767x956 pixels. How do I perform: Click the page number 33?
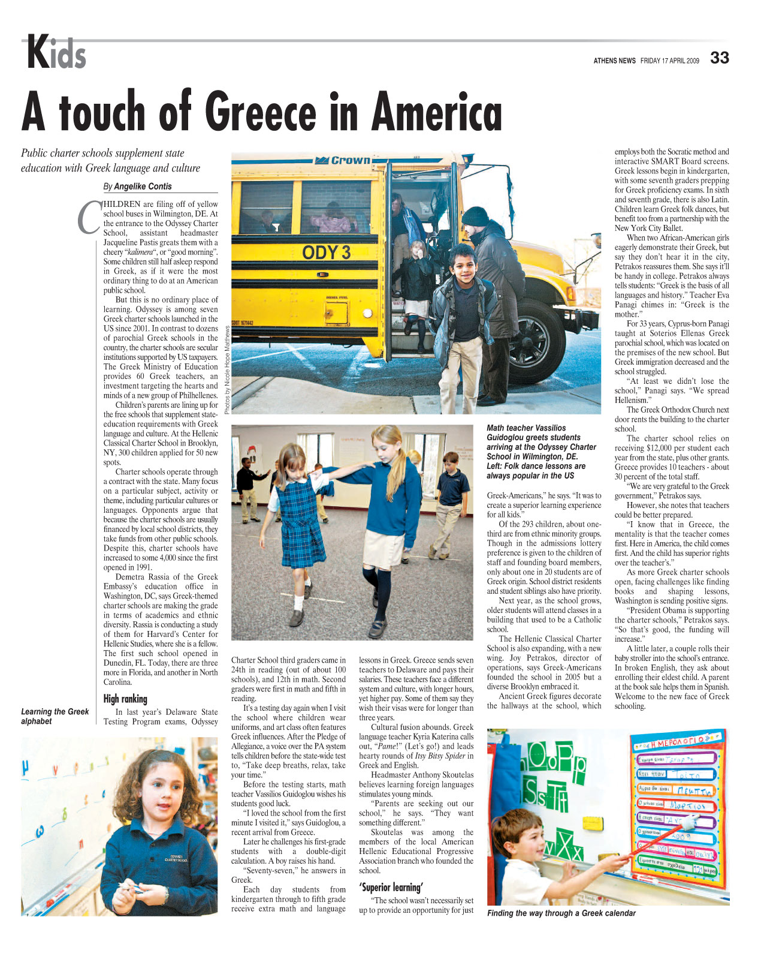(x=720, y=58)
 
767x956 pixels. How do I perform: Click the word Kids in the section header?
(x=56, y=53)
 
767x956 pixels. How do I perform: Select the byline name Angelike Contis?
(x=143, y=187)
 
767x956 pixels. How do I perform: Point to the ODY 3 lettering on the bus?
(x=326, y=252)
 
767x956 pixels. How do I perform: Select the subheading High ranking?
(x=125, y=699)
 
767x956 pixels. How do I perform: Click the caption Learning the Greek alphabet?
(x=55, y=716)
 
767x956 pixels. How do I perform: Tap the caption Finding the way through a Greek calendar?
(x=561, y=913)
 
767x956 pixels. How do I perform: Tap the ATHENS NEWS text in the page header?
(x=614, y=61)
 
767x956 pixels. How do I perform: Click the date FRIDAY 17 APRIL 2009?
(x=669, y=61)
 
